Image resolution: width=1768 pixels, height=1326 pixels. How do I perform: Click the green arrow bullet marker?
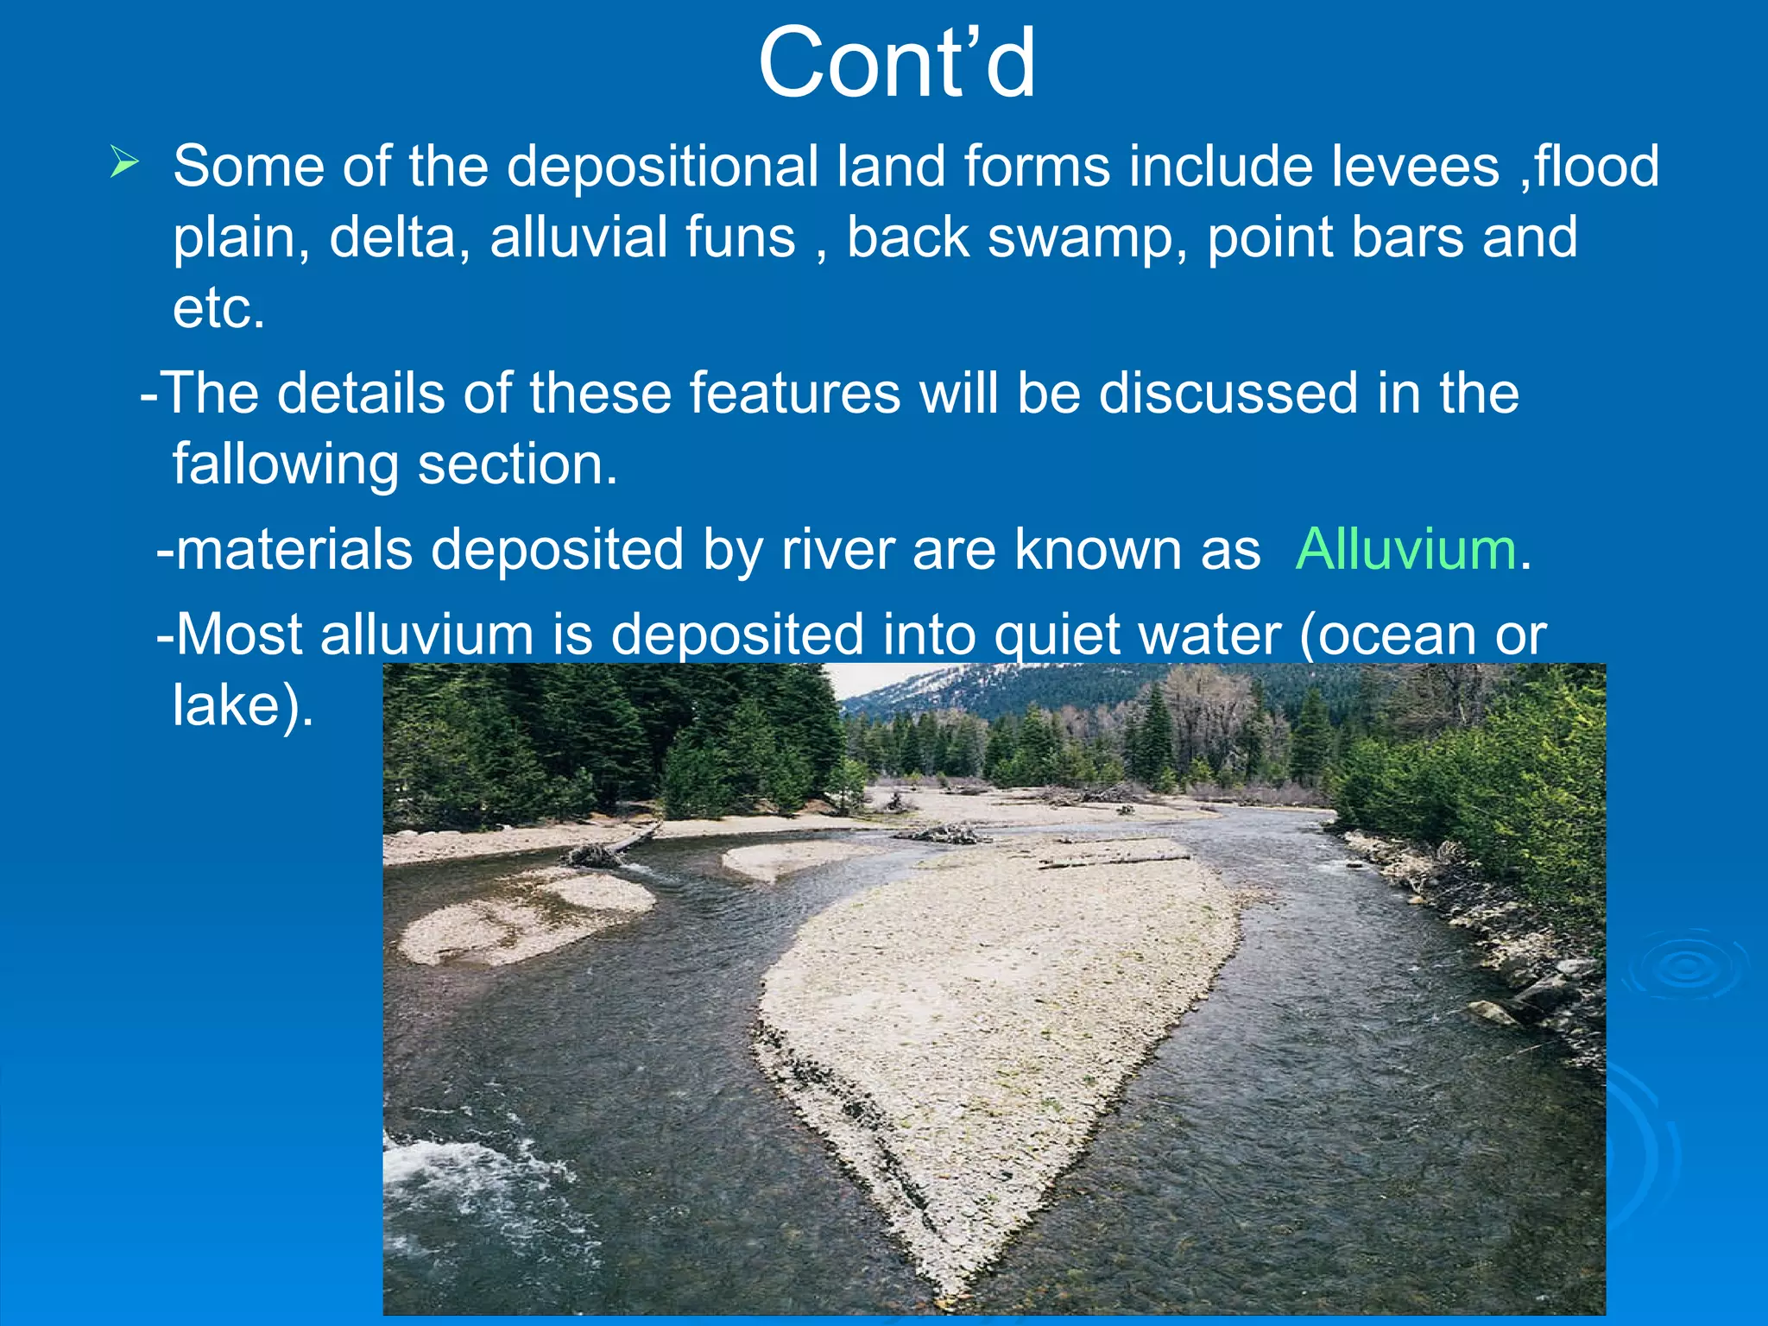point(124,162)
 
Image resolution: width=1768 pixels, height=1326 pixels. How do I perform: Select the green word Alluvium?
point(1405,549)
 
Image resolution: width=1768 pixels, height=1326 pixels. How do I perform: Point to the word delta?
point(399,237)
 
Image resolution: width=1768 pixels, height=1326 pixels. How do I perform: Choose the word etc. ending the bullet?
point(218,308)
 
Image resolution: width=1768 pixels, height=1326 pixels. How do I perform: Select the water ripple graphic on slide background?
point(1683,967)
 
